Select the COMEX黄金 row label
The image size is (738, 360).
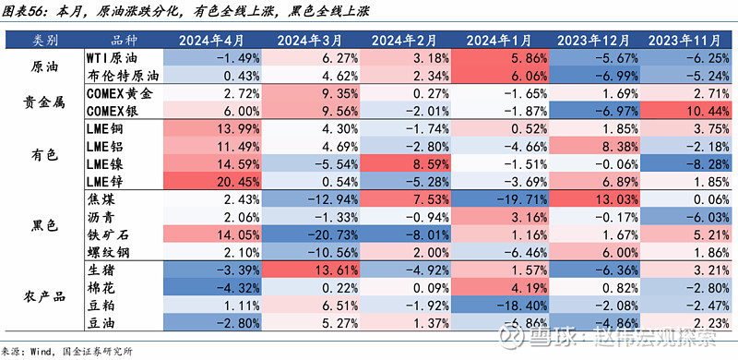click(119, 93)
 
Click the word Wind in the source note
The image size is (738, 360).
click(43, 351)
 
